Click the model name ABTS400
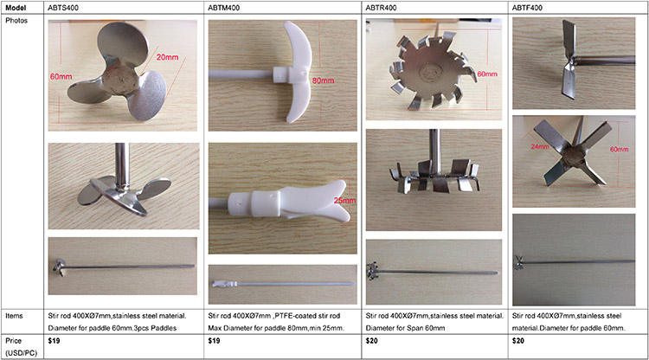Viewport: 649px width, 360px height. tap(63, 8)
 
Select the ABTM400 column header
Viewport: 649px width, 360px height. tap(223, 8)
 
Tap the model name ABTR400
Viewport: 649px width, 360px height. tap(381, 8)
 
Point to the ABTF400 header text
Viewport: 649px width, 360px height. tap(527, 8)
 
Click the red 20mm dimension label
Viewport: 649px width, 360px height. tap(167, 57)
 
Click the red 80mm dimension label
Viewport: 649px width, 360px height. tap(323, 80)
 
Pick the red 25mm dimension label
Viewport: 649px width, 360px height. tap(344, 201)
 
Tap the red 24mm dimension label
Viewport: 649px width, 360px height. tap(540, 146)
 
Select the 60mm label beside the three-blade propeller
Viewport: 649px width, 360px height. tap(61, 76)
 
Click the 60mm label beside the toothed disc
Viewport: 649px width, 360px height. tap(487, 74)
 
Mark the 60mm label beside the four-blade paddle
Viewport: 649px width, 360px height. tap(619, 149)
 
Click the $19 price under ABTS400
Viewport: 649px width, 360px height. tap(54, 341)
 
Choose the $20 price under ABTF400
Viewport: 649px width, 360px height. tap(517, 341)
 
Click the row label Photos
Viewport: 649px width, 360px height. tap(16, 20)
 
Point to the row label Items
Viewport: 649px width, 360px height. tap(14, 316)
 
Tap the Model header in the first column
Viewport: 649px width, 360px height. tap(16, 8)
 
